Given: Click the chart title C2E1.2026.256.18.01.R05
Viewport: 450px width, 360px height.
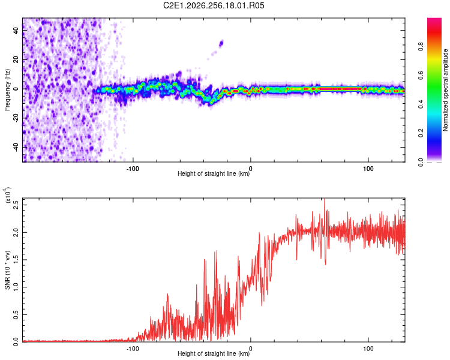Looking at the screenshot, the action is pyautogui.click(x=214, y=5).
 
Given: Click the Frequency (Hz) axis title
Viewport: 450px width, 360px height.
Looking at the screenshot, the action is pyautogui.click(x=7, y=90).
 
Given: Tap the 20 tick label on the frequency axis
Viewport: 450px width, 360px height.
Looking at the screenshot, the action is pyautogui.click(x=16, y=59).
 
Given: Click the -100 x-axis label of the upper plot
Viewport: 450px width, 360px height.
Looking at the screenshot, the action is pyautogui.click(x=133, y=169).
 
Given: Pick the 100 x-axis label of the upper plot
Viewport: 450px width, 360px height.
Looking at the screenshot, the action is pyautogui.click(x=368, y=169).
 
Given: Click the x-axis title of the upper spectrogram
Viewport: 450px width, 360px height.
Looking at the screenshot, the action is pyautogui.click(x=214, y=173).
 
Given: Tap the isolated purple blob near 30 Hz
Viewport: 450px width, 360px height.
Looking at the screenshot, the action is pyautogui.click(x=221, y=44).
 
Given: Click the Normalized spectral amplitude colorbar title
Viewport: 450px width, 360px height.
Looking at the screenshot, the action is pyautogui.click(x=445, y=90).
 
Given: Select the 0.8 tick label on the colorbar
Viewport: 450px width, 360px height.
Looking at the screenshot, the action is pyautogui.click(x=421, y=47).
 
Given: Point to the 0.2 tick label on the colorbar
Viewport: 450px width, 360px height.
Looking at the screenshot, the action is pyautogui.click(x=421, y=133).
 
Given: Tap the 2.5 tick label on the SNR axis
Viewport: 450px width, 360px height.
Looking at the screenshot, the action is pyautogui.click(x=16, y=205).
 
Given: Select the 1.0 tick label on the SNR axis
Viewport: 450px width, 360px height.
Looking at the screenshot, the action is pyautogui.click(x=16, y=287).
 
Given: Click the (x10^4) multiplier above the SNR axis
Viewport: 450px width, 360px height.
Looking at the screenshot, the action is pyautogui.click(x=8, y=195).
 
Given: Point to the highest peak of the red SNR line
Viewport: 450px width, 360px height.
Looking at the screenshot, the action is pyautogui.click(x=325, y=199).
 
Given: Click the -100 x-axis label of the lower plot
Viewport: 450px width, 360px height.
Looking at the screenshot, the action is pyautogui.click(x=133, y=349).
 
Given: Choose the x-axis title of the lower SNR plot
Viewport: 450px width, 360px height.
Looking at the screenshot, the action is pyautogui.click(x=214, y=353).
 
